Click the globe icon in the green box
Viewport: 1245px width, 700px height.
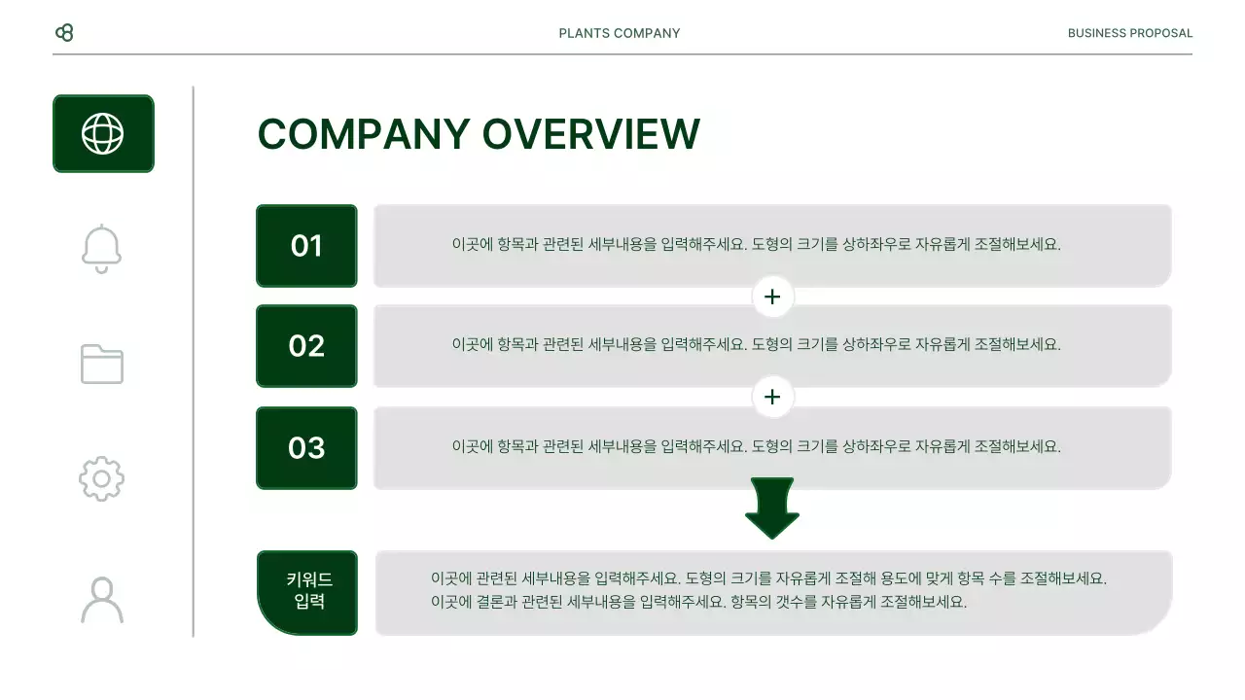[x=103, y=134]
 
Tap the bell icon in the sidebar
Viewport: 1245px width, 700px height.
[x=102, y=249]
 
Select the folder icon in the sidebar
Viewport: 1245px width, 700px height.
[x=102, y=365]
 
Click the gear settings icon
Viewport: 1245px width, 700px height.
[x=102, y=478]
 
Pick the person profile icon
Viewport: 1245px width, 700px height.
[x=102, y=600]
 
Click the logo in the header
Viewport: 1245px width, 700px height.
[x=64, y=33]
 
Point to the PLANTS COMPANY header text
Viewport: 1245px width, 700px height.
[x=620, y=33]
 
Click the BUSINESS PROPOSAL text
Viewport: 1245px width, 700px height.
[x=1129, y=33]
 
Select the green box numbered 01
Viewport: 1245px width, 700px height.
[x=306, y=246]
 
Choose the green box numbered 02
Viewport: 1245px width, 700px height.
[x=306, y=346]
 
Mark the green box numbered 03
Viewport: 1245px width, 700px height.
[x=306, y=447]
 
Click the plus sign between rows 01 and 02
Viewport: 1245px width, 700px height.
[x=772, y=297]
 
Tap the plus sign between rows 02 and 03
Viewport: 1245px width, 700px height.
[x=772, y=397]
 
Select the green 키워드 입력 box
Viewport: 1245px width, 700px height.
[x=308, y=592]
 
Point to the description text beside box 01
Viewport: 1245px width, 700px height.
[x=756, y=245]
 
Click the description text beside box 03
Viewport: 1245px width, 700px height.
[x=756, y=447]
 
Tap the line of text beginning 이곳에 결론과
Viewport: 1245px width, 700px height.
[x=698, y=602]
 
